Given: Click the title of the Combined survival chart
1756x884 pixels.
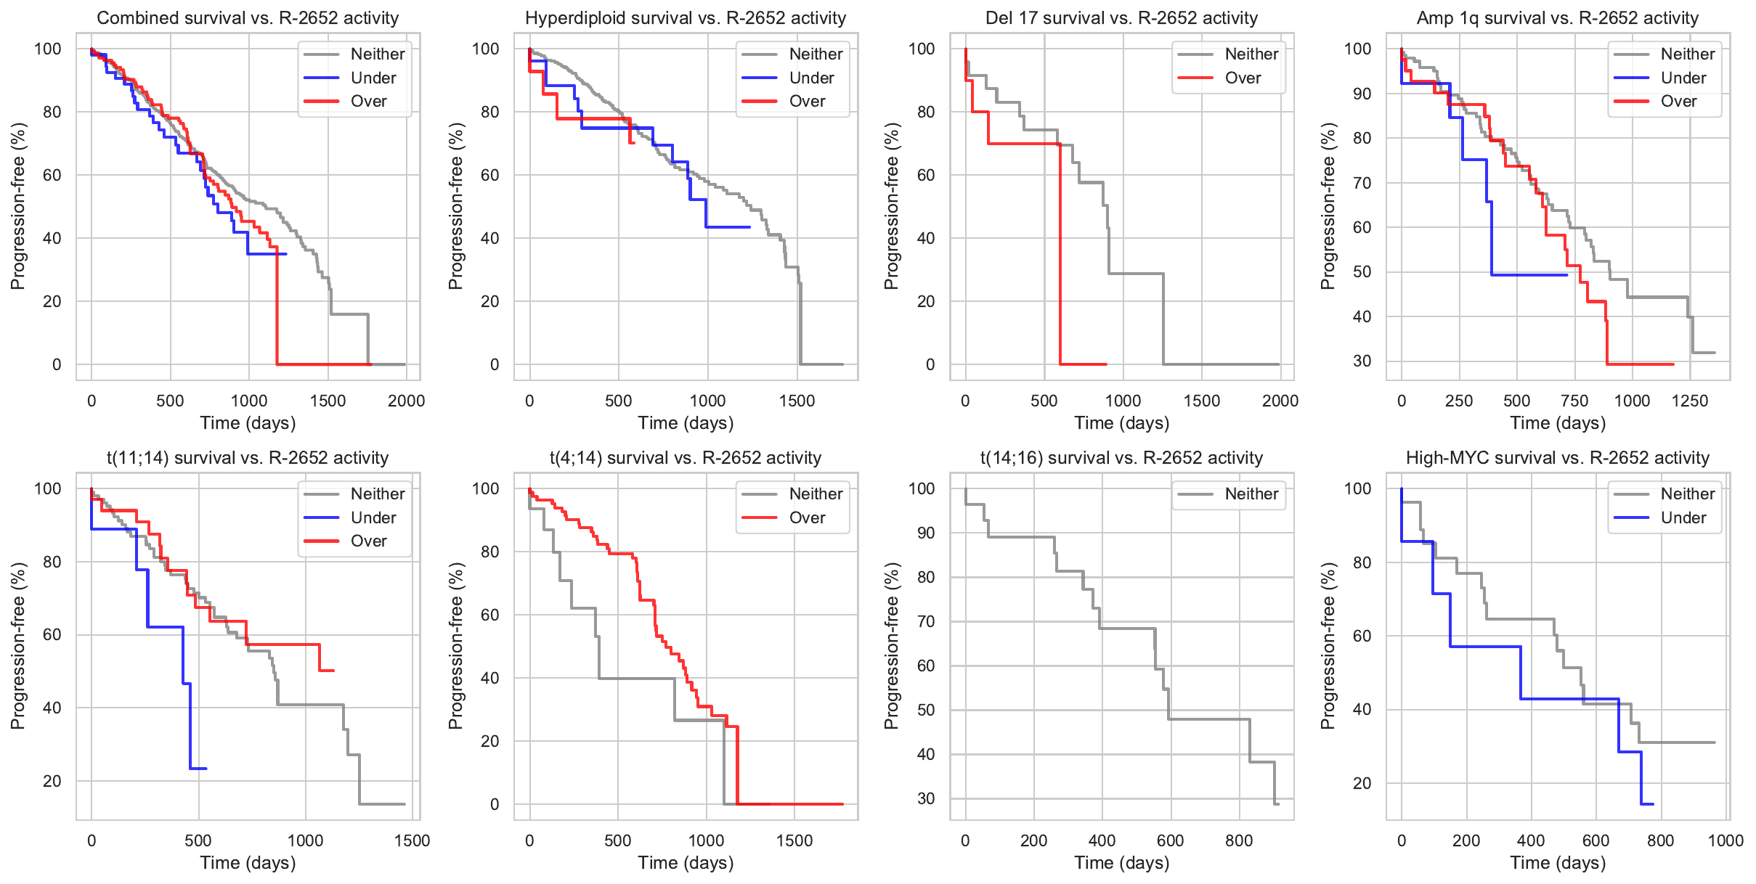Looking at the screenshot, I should (248, 18).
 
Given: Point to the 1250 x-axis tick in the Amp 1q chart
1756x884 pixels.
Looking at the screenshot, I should (1689, 401).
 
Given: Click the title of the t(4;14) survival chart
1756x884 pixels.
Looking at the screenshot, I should (685, 458).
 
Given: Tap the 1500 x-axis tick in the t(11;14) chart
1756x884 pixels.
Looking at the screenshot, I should (412, 840).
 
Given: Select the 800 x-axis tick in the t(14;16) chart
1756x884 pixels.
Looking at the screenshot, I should (1239, 840).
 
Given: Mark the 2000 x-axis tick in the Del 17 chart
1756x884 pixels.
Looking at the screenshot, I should (1280, 401).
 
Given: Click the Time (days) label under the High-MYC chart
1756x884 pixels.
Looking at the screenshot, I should (1558, 863).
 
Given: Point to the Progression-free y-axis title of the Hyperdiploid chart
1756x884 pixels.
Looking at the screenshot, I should (455, 206).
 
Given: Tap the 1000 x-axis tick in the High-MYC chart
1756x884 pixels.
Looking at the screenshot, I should (1725, 840).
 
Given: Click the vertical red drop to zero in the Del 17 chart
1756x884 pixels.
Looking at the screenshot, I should (1060, 254).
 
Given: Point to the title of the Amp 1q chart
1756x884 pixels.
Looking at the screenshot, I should (1558, 18).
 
